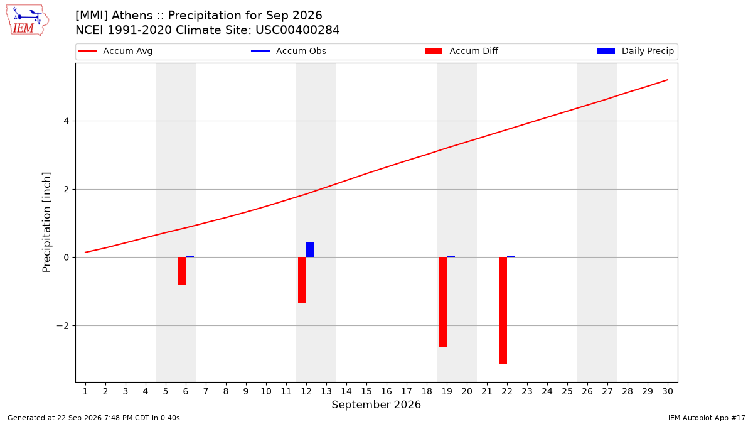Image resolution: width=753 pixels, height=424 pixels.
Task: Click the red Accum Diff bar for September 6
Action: coord(181,271)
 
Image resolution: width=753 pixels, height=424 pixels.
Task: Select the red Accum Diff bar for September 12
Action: coord(302,280)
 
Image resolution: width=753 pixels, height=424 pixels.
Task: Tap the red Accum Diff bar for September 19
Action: coord(443,302)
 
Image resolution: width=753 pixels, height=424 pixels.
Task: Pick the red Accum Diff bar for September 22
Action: coord(503,310)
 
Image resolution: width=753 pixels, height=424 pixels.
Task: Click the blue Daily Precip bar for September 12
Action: coord(310,249)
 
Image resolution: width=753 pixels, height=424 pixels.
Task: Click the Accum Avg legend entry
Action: coord(115,51)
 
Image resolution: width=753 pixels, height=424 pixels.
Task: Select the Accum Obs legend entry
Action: coord(289,51)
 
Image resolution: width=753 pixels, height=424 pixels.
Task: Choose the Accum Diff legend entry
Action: coord(462,51)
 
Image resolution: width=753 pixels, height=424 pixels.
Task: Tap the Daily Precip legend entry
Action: coord(635,51)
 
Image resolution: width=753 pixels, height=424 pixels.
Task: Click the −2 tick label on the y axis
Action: coord(63,326)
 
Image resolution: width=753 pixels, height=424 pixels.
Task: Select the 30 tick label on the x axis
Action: coord(668,391)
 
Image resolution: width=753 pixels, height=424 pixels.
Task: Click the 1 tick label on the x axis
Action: coord(85,391)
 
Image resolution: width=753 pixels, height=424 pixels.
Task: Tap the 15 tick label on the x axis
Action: coord(366,391)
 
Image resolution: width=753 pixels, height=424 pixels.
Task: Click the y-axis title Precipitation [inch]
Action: coord(46,222)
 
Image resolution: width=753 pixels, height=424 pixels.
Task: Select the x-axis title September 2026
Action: coord(376,405)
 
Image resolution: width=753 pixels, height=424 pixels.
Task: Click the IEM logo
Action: coord(27,21)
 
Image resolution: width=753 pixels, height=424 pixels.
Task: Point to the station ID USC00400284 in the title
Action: coord(297,30)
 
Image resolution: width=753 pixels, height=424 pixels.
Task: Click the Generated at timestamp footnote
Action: coord(93,418)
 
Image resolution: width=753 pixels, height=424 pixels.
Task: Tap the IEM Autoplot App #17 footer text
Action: coord(707,418)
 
